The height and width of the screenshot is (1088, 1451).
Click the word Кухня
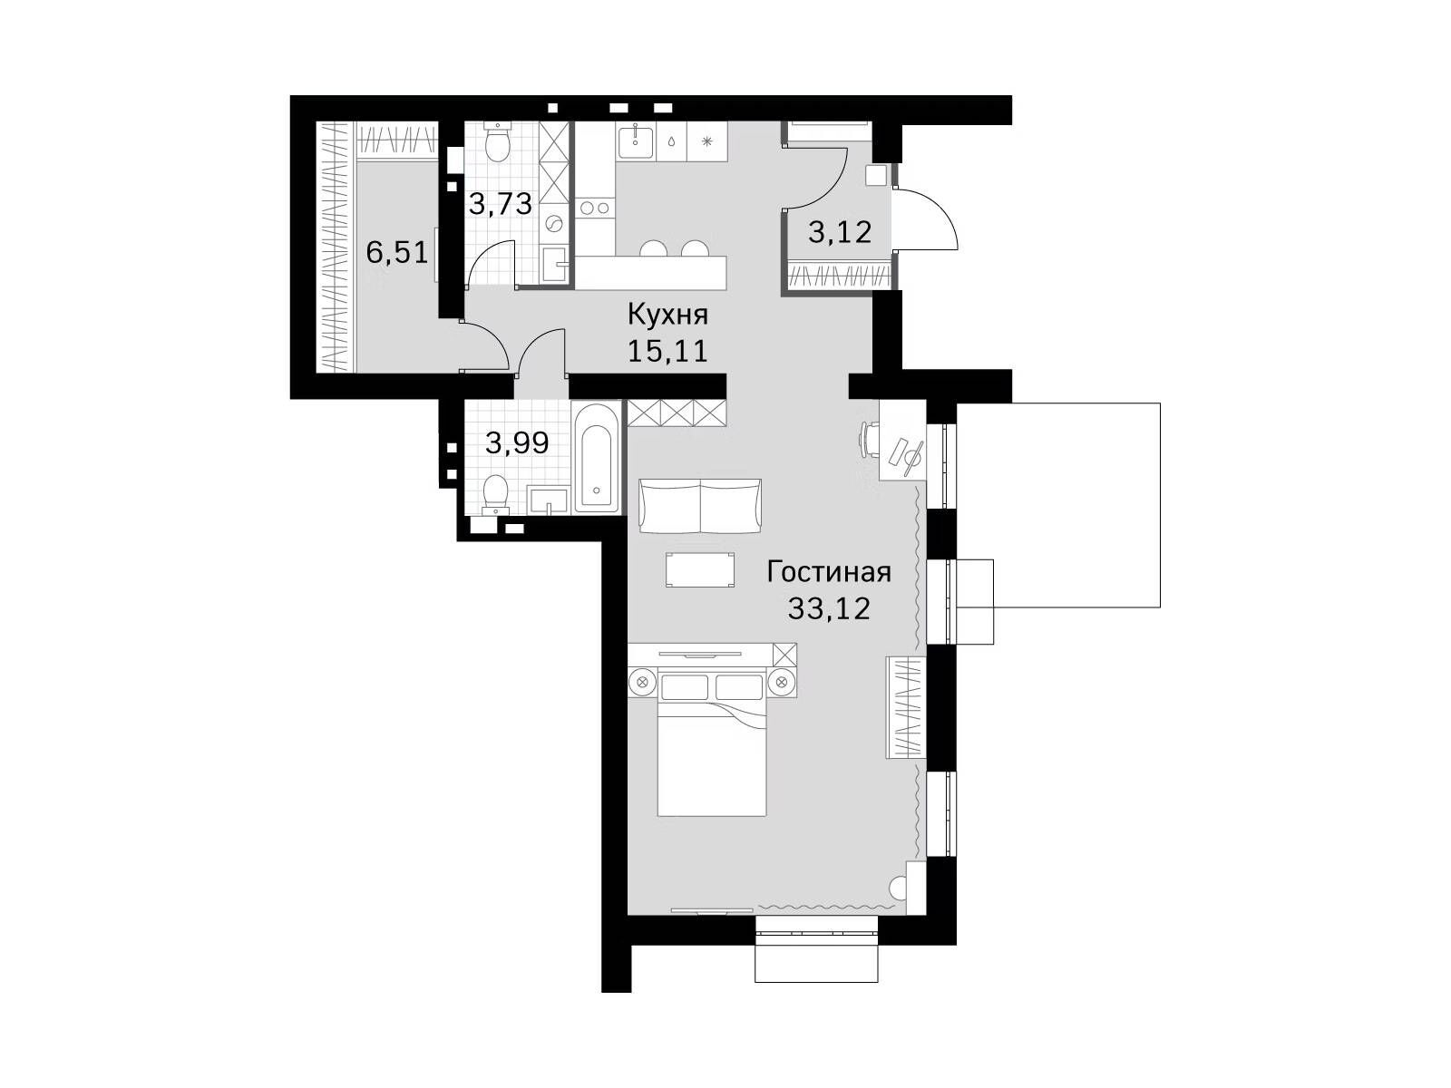pyautogui.click(x=667, y=316)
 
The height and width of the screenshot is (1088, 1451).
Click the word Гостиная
pyautogui.click(x=829, y=572)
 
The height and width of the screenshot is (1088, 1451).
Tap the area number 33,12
pyautogui.click(x=829, y=608)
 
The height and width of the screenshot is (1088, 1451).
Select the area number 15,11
pyautogui.click(x=667, y=351)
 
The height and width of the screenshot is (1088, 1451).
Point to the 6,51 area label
pyautogui.click(x=397, y=252)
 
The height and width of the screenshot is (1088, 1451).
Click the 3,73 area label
pyautogui.click(x=501, y=204)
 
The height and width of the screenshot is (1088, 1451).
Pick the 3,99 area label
pyautogui.click(x=517, y=442)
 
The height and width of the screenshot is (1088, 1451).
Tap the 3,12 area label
pyautogui.click(x=840, y=232)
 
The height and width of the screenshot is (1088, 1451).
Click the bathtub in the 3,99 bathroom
pyautogui.click(x=597, y=458)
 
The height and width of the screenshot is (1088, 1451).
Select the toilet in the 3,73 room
pyautogui.click(x=496, y=141)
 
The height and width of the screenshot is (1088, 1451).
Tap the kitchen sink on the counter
pyautogui.click(x=636, y=141)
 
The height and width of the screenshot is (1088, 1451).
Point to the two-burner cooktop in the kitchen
pyautogui.click(x=594, y=209)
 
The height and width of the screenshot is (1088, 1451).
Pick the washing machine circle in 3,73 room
pyautogui.click(x=552, y=226)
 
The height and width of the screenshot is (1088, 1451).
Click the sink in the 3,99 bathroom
pyautogui.click(x=548, y=500)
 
